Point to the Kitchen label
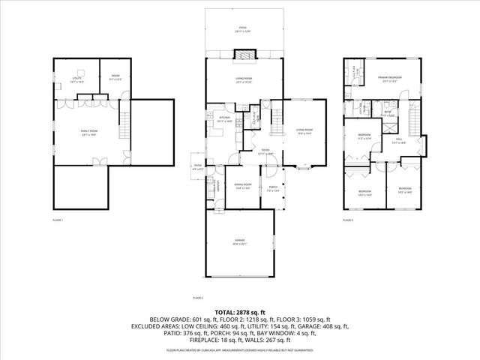[x=223, y=118]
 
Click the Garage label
[x=240, y=241]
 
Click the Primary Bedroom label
[x=389, y=79]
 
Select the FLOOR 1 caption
[x=58, y=220]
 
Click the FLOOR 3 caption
[x=347, y=220]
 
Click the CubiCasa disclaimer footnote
[x=240, y=350]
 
